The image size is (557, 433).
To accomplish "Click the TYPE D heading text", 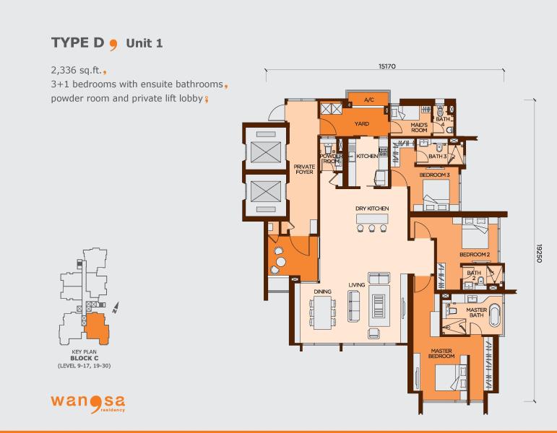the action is point(78,43).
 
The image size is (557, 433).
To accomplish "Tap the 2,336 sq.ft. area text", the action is point(77,70).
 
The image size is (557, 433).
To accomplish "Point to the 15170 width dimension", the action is point(387,66).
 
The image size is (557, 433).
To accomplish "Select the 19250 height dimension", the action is point(539,253).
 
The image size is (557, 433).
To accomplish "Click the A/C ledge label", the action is point(369,100).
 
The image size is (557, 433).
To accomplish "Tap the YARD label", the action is point(362,123).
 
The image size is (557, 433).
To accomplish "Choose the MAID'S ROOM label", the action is point(419,128).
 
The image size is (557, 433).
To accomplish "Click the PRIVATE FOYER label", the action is point(304,169).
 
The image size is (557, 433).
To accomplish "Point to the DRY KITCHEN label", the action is point(372,209).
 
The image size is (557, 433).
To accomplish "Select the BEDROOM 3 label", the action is point(434,175).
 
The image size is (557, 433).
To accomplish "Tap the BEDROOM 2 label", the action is point(475,255).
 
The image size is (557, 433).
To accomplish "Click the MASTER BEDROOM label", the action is point(441,353).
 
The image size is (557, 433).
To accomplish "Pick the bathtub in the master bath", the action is point(494,315).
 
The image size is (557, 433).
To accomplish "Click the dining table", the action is point(322,312).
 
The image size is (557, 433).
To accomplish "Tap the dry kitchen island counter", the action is point(372,219).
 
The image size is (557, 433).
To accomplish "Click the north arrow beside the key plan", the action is point(116,307).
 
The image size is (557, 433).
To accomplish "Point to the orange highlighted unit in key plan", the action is point(96,328).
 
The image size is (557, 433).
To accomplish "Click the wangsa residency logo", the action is point(87,403).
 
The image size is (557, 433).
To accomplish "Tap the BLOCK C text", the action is point(85,359).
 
